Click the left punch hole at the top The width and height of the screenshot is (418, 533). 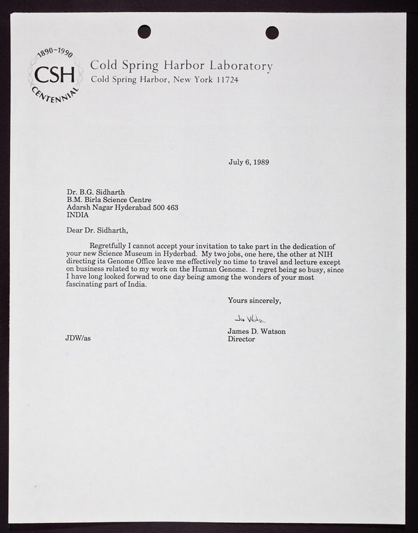(x=144, y=31)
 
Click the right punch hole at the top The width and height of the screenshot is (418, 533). (x=272, y=32)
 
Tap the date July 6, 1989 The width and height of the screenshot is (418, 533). (x=249, y=162)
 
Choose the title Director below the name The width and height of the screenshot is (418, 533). (x=241, y=338)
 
